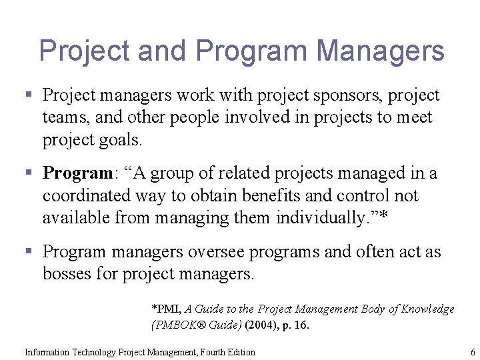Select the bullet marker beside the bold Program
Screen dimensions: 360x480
click(29, 174)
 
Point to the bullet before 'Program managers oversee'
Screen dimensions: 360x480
click(29, 252)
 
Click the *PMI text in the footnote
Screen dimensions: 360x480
click(166, 309)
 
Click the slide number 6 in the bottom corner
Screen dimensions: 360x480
click(473, 352)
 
